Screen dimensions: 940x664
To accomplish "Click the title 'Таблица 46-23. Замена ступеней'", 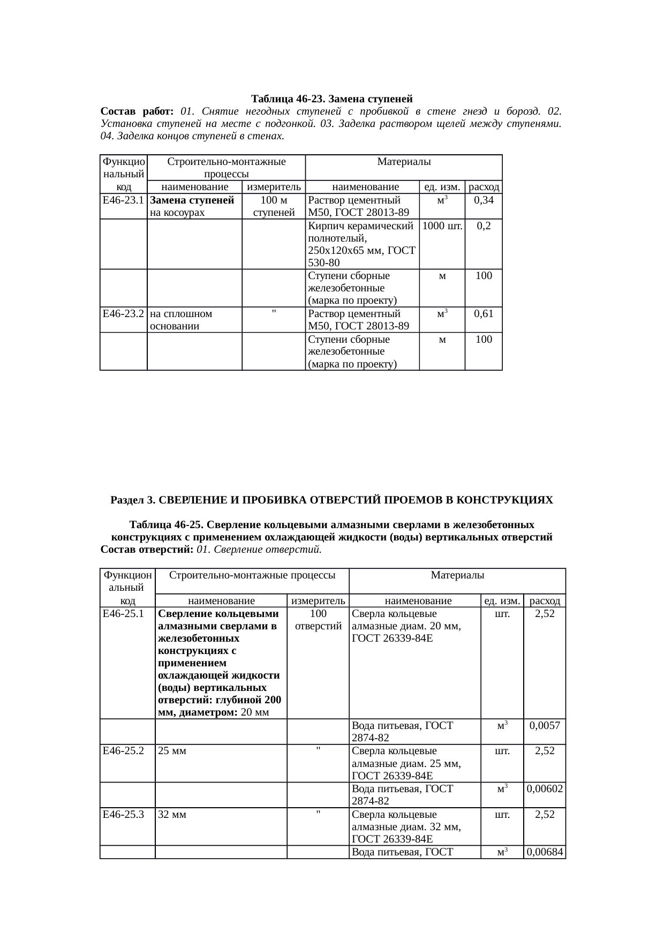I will pyautogui.click(x=331, y=99).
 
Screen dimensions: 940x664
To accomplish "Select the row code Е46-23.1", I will pyautogui.click(x=123, y=200).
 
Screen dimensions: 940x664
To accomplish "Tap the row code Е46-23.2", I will pyautogui.click(x=123, y=314).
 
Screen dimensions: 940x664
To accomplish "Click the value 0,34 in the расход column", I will pyautogui.click(x=484, y=200).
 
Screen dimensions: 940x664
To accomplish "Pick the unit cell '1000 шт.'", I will pyautogui.click(x=442, y=226).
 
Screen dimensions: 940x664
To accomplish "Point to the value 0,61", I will pyautogui.click(x=484, y=314).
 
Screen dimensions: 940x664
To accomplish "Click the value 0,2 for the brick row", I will pyautogui.click(x=484, y=226).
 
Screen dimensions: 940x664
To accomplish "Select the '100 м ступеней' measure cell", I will pyautogui.click(x=274, y=206).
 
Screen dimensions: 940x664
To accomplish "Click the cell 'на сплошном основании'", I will pyautogui.click(x=181, y=320).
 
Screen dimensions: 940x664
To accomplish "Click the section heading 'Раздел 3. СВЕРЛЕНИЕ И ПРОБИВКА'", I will pyautogui.click(x=331, y=500).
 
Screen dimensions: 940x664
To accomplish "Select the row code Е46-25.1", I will pyautogui.click(x=123, y=614).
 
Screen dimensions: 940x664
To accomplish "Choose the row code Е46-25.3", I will pyautogui.click(x=123, y=815).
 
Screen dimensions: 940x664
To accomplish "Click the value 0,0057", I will pyautogui.click(x=545, y=726).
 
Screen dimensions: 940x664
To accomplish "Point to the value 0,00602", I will pyautogui.click(x=545, y=789).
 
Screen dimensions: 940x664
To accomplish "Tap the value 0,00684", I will pyautogui.click(x=545, y=852).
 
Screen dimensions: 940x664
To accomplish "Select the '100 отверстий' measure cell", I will pyautogui.click(x=318, y=620).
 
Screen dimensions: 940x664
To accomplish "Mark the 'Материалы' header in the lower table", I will pyautogui.click(x=457, y=575).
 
